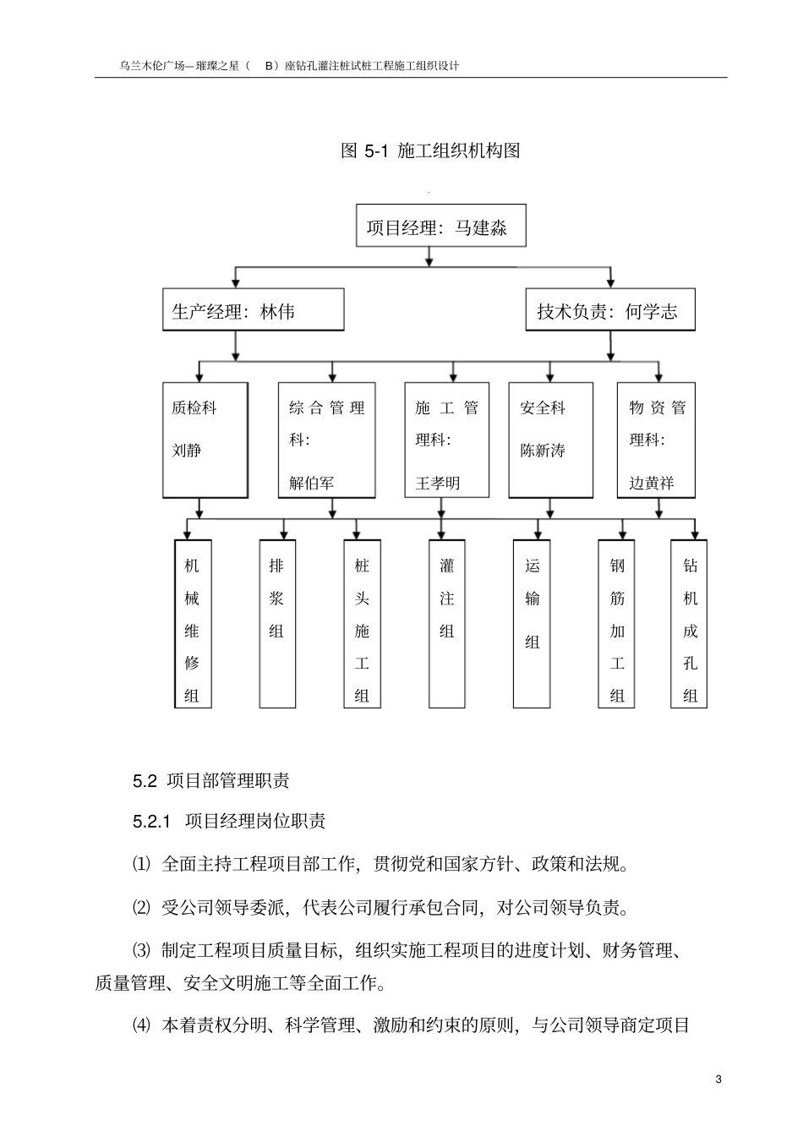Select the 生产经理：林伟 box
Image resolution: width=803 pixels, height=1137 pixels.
point(253,310)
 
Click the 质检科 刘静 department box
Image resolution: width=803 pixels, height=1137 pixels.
point(205,440)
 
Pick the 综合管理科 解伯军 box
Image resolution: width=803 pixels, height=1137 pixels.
point(326,440)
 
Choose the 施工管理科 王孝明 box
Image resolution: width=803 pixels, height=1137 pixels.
point(446,440)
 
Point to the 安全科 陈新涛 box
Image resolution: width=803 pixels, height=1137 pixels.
point(550,440)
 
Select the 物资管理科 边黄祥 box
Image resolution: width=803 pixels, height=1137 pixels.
point(656,440)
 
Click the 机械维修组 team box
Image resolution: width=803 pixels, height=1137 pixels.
point(192,624)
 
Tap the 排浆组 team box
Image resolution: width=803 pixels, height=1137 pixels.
point(277,624)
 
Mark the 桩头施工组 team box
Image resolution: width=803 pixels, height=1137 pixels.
point(362,624)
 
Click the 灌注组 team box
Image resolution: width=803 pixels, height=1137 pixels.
point(447,624)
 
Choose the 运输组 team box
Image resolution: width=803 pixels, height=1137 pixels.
point(532,624)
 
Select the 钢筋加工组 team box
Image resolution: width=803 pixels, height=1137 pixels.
point(617,624)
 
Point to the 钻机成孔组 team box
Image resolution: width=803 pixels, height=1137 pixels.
point(690,624)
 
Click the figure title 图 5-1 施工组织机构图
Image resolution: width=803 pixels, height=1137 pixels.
point(429,150)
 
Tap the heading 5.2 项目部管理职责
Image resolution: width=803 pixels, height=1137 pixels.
point(210,780)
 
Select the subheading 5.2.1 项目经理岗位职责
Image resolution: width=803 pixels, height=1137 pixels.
point(229,821)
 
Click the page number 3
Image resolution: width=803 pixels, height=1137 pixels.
point(718,1080)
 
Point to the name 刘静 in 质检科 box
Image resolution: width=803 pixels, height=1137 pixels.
point(187,451)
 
